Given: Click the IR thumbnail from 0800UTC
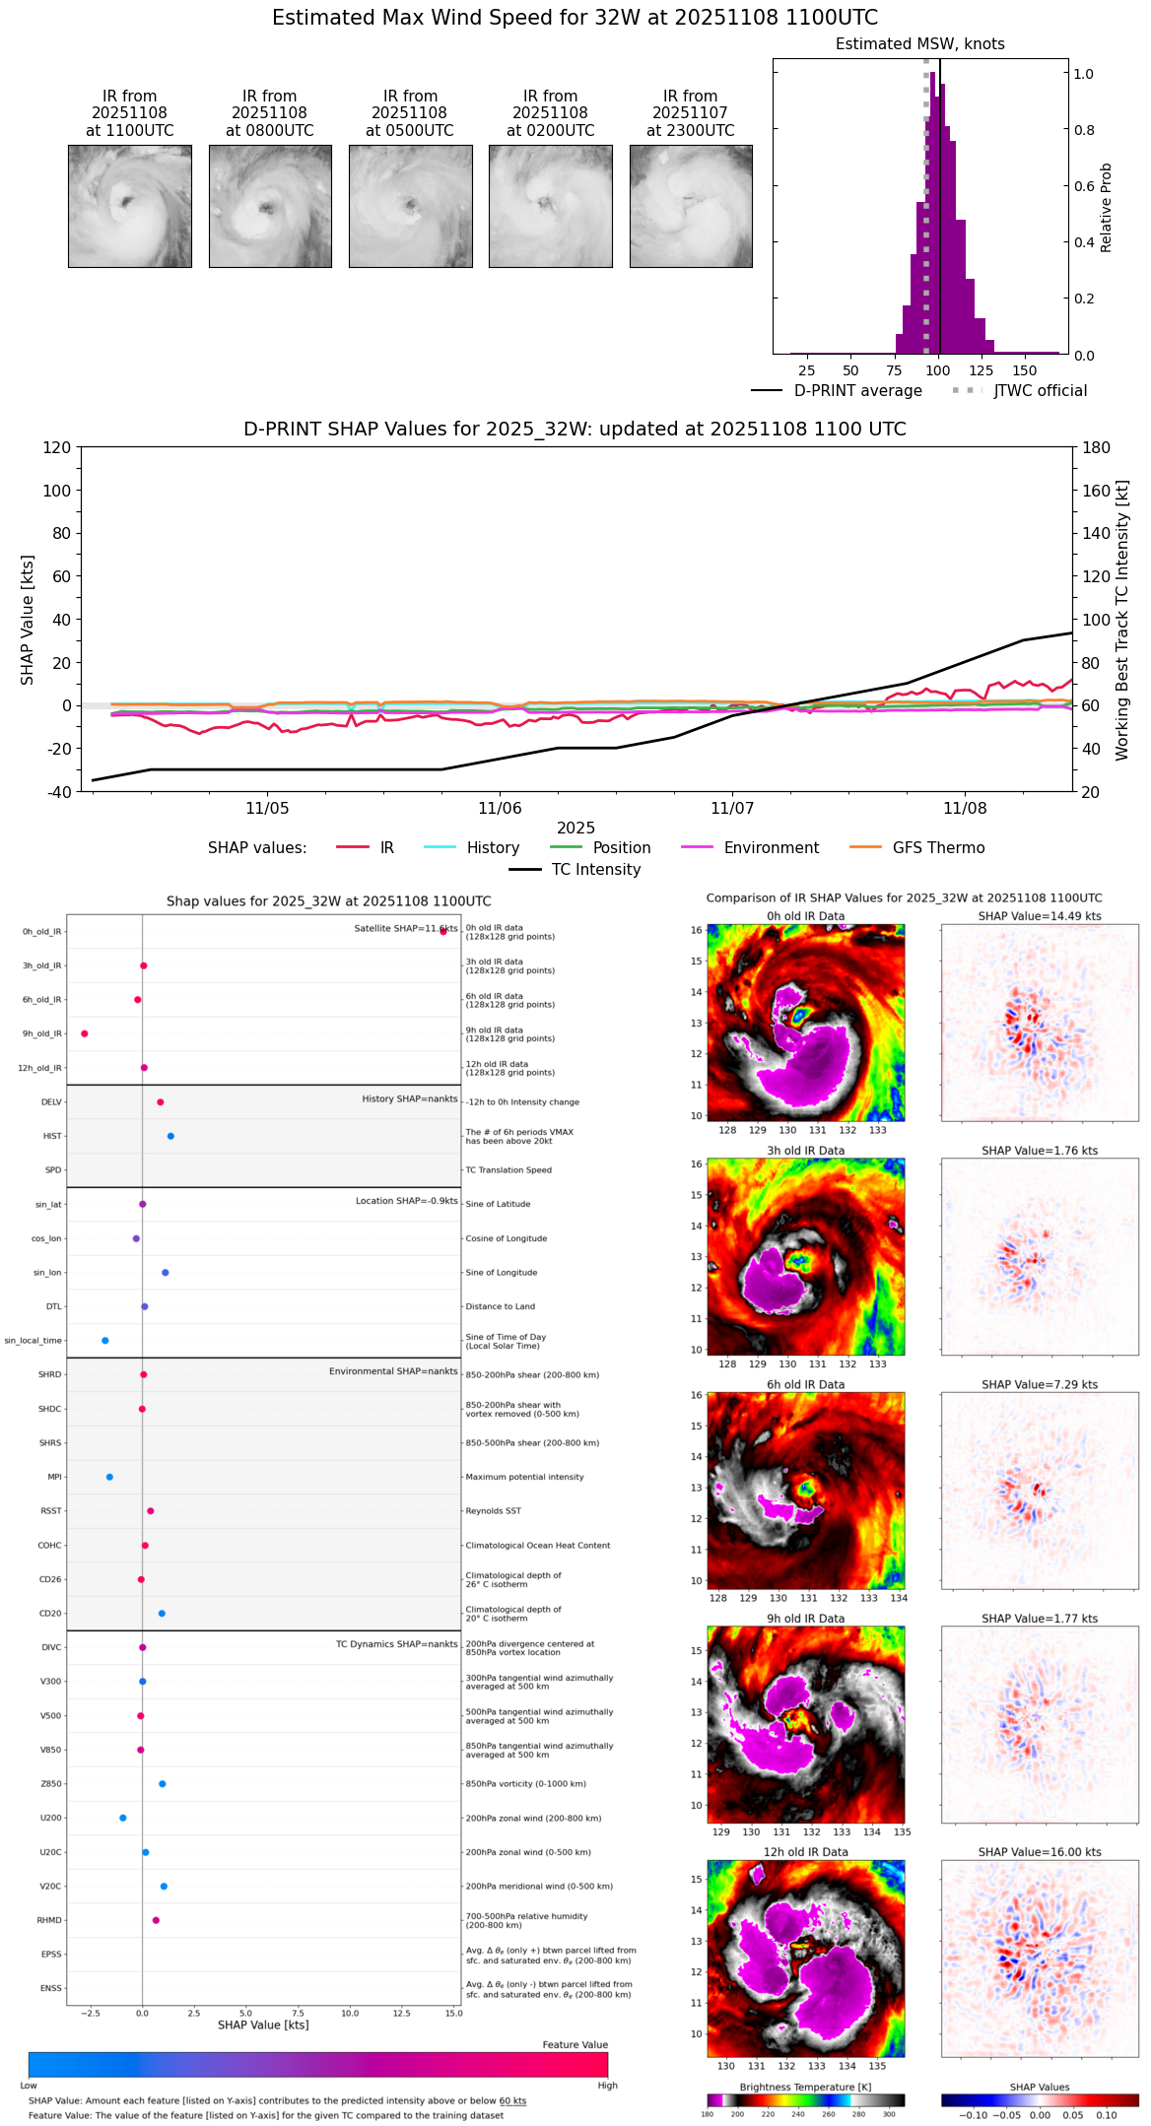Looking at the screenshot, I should [270, 206].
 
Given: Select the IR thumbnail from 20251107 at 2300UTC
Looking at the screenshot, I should [691, 206].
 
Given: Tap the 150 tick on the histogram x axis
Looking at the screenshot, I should [1025, 370].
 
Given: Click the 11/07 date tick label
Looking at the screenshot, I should [732, 809].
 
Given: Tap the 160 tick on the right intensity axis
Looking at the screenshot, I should [1097, 491].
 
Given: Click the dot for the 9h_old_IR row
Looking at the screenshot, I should [85, 1033].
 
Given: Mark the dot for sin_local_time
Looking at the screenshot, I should [105, 1341].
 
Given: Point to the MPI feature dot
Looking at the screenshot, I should [109, 1477].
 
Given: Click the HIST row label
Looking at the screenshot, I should [52, 1136].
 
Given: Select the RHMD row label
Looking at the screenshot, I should [49, 1920].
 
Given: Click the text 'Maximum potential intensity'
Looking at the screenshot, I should [524, 1477].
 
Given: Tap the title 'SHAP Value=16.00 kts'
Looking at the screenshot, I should [1040, 1852].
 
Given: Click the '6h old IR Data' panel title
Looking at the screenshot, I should [805, 1384].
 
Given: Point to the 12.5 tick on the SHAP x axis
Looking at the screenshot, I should [401, 2013].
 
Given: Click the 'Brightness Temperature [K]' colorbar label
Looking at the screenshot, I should [805, 2087].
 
